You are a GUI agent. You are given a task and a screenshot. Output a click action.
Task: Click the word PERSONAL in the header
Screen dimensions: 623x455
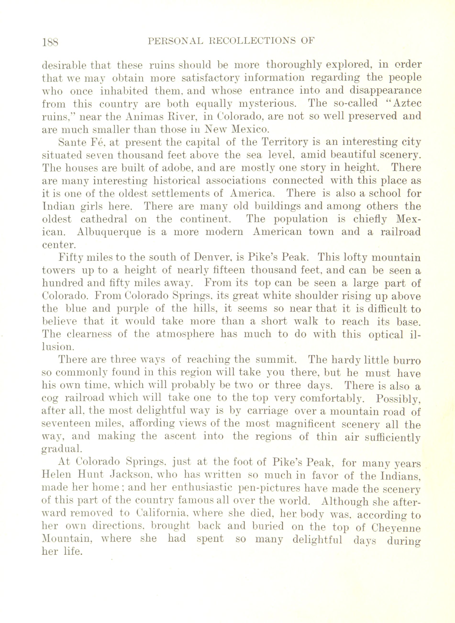tap(175, 41)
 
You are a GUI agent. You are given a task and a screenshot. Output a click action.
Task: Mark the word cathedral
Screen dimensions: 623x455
tap(104, 219)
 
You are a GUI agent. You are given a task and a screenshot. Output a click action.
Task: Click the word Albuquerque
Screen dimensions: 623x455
tap(109, 232)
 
